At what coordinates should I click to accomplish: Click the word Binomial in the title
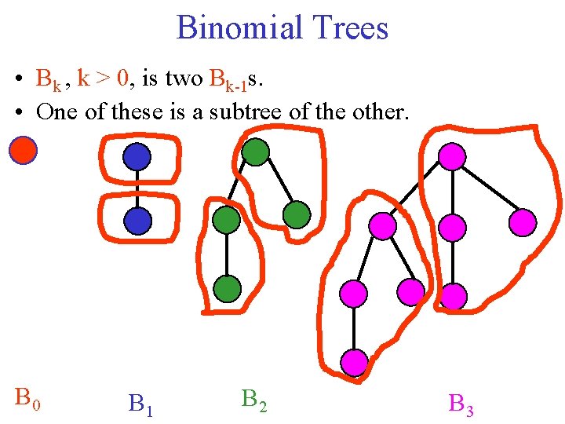228,28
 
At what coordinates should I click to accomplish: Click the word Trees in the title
349,28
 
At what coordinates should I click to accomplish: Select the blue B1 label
140,404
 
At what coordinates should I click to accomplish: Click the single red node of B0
23,150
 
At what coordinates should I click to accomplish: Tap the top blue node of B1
137,157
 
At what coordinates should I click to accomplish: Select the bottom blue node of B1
137,221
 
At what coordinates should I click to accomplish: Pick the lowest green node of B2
227,290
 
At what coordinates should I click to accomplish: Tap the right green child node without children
297,214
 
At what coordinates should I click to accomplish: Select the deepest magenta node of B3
354,362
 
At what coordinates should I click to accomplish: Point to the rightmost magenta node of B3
523,223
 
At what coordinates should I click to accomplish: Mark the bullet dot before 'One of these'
16,112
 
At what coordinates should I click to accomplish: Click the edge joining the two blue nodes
137,189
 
